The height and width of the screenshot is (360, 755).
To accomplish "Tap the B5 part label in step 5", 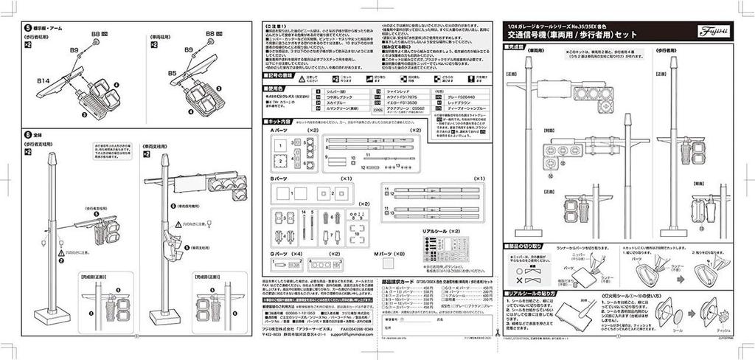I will point(172,74).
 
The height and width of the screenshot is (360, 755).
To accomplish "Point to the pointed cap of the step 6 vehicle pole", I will point(164,159).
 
